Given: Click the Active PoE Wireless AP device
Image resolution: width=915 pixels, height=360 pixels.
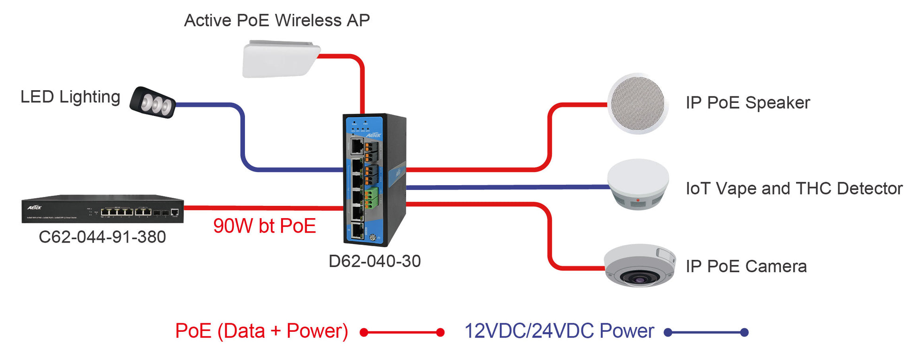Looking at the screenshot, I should click(x=281, y=60).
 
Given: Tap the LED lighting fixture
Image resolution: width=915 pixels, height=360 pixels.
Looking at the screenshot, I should click(x=153, y=102).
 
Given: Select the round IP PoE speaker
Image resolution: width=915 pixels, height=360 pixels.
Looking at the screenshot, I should click(x=638, y=103).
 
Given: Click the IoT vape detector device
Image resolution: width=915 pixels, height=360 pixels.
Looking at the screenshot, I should click(x=638, y=184).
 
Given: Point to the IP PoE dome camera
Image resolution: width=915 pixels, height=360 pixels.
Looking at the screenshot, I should click(x=639, y=266).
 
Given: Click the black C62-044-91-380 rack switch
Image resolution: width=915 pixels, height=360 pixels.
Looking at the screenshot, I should click(x=103, y=209).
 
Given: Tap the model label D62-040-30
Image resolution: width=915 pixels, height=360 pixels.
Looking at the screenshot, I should click(x=374, y=261).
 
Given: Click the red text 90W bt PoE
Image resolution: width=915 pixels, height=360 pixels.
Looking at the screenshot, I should click(x=264, y=226).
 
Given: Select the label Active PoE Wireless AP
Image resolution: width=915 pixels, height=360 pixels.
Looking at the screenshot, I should click(x=277, y=20).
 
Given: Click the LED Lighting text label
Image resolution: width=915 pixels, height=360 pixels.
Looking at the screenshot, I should click(x=70, y=97).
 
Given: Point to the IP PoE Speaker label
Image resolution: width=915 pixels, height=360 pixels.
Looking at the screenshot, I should click(x=748, y=103).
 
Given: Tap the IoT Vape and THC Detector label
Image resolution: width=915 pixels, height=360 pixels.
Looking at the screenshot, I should click(x=794, y=188).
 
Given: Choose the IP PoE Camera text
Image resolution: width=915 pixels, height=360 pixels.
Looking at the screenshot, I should click(x=746, y=266).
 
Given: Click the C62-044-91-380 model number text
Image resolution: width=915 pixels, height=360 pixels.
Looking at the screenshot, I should click(x=102, y=237).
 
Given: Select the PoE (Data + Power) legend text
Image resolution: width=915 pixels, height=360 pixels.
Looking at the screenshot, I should click(x=261, y=331).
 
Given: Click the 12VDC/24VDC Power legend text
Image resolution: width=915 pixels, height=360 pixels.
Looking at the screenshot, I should click(x=559, y=331).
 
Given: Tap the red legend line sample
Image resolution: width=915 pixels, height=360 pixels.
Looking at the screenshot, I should click(x=402, y=333).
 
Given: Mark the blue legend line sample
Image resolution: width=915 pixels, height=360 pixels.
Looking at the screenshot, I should click(x=706, y=333).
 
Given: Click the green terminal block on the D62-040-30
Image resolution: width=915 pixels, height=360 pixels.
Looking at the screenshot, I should click(x=371, y=198).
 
